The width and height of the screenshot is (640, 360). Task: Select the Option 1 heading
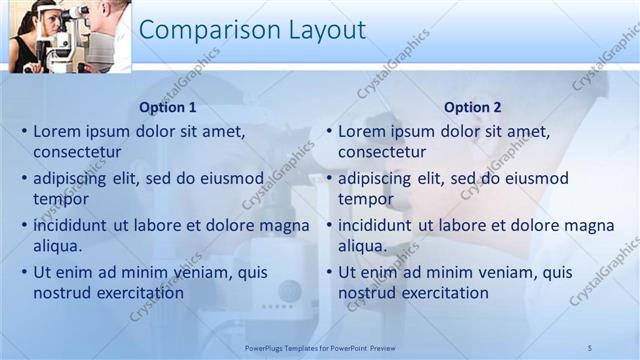(x=167, y=107)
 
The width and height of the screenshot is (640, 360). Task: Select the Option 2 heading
(x=473, y=107)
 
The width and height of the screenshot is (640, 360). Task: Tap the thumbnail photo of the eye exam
(x=69, y=36)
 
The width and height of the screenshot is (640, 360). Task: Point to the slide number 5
(x=590, y=347)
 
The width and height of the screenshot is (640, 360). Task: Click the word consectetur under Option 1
(x=77, y=152)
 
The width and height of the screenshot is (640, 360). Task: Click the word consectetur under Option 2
(x=382, y=152)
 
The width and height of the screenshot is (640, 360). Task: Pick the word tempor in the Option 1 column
(x=58, y=199)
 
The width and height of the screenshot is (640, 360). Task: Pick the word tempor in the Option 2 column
(x=363, y=199)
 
